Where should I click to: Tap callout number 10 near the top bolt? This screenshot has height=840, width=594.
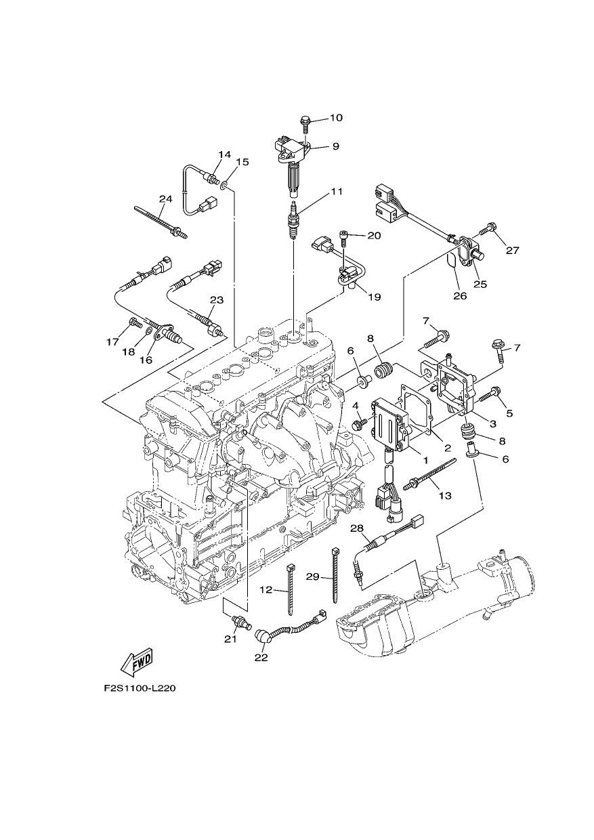(336, 118)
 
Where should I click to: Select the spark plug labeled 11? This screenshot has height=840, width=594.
(293, 222)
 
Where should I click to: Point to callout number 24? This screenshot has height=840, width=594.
(165, 198)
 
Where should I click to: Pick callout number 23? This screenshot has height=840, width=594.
(217, 300)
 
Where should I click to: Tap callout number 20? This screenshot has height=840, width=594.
(374, 236)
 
